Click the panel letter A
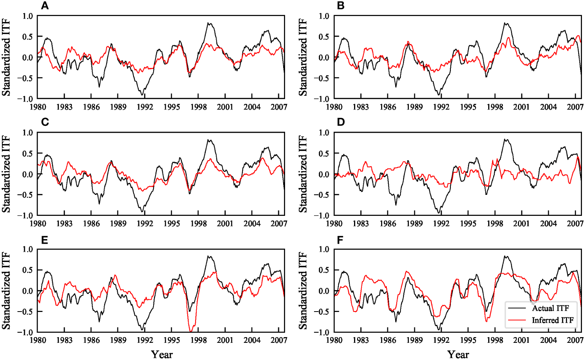[45, 6]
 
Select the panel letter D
[341, 122]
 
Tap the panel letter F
[341, 240]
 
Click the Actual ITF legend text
[550, 308]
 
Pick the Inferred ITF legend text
[553, 320]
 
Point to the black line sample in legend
[517, 308]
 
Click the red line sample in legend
[517, 320]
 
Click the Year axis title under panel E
[162, 354]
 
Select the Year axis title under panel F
[458, 354]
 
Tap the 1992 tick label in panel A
[145, 107]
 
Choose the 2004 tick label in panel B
[548, 107]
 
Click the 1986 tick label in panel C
[91, 223]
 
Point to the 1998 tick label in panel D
[494, 223]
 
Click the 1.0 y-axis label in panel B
[324, 16]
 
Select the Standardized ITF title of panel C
[6, 174]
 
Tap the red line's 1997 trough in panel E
[191, 331]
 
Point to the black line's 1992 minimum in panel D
[439, 212]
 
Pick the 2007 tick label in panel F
[575, 340]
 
